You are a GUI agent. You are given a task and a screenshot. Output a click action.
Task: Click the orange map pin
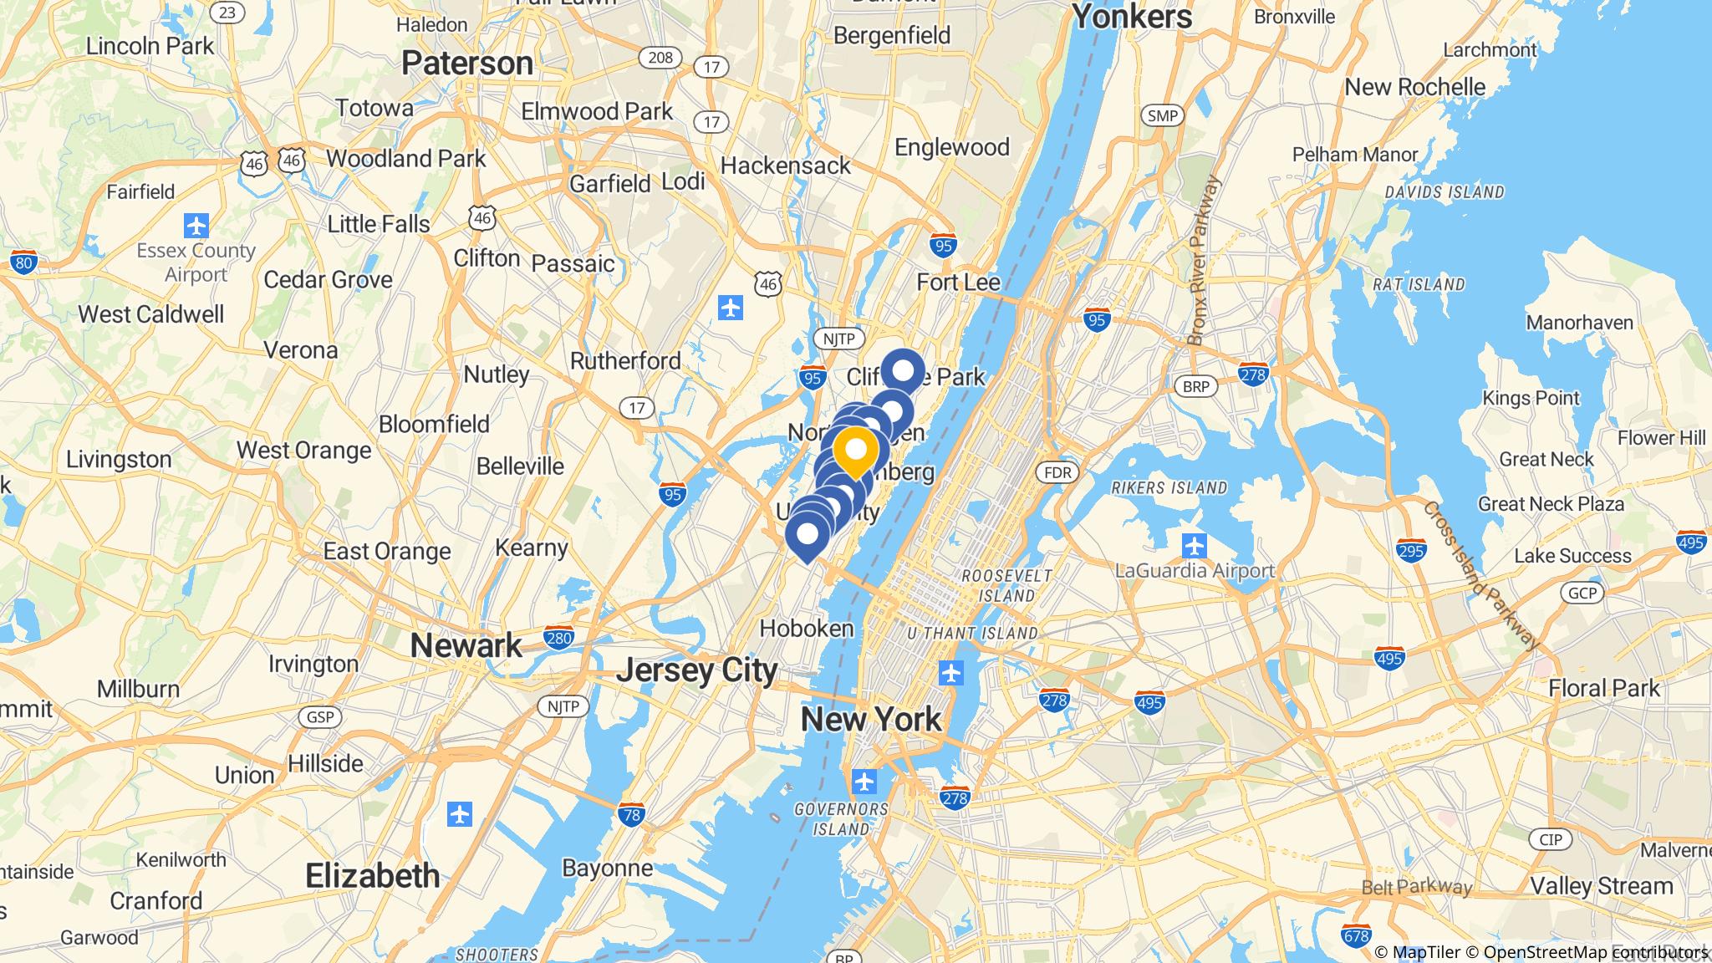[855, 451]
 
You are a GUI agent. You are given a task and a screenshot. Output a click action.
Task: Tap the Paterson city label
[467, 64]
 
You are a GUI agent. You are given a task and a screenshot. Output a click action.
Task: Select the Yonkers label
[1132, 17]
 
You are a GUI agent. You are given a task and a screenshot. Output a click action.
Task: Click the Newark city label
[466, 645]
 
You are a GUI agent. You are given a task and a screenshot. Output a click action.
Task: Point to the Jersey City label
[697, 670]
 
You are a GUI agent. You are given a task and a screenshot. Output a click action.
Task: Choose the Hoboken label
[807, 629]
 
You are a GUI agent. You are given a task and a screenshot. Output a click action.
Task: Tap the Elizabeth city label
[373, 876]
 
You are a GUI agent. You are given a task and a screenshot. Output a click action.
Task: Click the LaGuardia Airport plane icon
[1195, 547]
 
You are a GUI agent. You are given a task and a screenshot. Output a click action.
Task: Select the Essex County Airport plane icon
[196, 226]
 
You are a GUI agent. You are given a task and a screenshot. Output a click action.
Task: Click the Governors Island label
[841, 819]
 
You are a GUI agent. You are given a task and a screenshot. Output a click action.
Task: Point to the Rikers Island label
[1169, 487]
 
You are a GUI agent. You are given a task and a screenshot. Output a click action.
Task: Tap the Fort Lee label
[958, 283]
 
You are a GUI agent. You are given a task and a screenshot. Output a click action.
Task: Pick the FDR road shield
[1057, 472]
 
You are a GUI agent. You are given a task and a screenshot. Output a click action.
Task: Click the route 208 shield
[660, 57]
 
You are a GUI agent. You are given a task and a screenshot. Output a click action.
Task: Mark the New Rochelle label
[1415, 87]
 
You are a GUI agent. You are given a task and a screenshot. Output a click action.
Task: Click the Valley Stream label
[1602, 886]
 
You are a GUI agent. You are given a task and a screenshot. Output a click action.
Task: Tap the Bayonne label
[608, 868]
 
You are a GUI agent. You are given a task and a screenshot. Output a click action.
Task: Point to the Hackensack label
[786, 166]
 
